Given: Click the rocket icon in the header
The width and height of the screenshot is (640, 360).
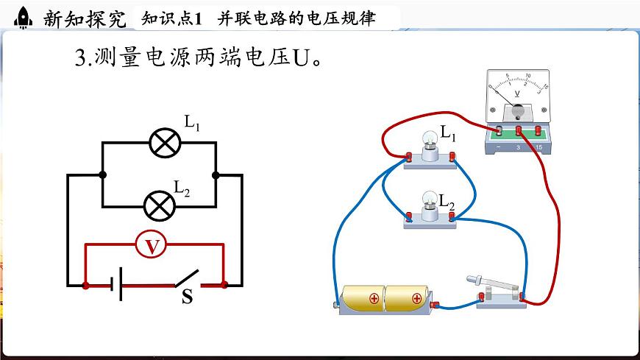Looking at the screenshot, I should point(24,17).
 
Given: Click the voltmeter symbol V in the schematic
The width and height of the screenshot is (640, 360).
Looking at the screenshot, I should point(153,245).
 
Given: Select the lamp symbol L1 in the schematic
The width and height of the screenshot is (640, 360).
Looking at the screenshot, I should point(165,142).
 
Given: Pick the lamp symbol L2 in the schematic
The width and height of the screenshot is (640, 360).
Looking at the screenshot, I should point(157,205).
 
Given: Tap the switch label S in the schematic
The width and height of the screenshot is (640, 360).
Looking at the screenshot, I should point(187,298).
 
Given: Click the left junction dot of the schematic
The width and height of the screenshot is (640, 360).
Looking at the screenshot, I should point(102,175).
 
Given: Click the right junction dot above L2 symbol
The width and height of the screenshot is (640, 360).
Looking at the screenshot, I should point(216,175).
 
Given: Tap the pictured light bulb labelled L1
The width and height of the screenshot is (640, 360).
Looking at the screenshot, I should point(429,140).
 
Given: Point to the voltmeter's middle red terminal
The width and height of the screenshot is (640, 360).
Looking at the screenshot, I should point(519,131).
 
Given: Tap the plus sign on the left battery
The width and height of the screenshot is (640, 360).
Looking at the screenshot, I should point(374,299).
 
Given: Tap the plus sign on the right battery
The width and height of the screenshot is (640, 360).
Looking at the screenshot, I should point(416,299).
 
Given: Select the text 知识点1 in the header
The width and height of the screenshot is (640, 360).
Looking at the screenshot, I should point(171,19).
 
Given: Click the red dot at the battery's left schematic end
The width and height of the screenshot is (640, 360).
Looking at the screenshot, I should point(87,284).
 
